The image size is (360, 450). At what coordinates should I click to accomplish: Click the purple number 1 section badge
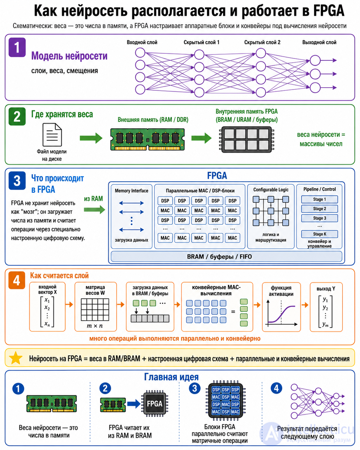coord(17,47)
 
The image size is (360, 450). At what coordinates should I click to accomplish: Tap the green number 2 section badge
coord(17,117)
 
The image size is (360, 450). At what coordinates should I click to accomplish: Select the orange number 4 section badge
coord(17,280)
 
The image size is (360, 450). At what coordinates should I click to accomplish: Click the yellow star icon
coord(16,358)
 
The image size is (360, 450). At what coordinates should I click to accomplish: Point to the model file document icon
coord(52,135)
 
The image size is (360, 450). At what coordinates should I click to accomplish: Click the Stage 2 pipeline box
coord(319,209)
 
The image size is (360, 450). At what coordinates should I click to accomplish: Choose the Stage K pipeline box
coord(319,234)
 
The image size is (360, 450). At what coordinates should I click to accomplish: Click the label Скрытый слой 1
coord(201,42)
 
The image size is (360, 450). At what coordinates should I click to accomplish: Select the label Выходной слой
coord(319,42)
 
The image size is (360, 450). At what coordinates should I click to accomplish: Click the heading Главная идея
coord(171,377)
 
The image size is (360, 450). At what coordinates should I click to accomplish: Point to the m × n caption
coord(95,326)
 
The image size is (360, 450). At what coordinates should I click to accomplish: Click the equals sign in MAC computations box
coord(233,312)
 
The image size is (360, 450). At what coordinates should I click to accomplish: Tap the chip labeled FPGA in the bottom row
coord(155,403)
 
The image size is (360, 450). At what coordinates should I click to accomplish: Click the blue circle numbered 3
coord(194,388)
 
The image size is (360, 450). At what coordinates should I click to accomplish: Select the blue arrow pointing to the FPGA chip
coord(134,403)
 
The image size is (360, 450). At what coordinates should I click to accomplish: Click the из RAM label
coord(93,198)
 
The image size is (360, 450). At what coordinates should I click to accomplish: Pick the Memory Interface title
coord(132,191)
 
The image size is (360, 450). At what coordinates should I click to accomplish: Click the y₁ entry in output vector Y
coord(325,299)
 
